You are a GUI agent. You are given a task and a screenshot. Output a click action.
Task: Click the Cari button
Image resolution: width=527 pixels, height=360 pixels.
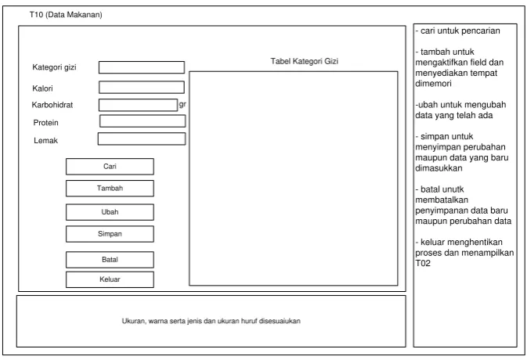110,167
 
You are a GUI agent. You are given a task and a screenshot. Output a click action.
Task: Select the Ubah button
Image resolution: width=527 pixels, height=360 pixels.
110,212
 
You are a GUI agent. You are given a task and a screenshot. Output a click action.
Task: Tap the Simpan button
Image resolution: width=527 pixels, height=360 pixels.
110,234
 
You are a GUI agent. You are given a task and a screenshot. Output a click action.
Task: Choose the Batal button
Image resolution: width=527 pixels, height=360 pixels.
110,260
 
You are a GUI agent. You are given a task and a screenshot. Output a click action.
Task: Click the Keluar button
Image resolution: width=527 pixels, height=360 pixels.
110,279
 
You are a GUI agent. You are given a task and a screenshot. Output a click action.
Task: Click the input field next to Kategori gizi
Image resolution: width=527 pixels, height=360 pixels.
142,67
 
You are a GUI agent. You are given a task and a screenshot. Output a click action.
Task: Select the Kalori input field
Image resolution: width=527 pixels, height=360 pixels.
142,88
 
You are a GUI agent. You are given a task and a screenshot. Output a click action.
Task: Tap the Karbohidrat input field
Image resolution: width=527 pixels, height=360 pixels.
138,105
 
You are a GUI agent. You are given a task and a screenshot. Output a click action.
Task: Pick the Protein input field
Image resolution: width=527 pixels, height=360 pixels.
143,121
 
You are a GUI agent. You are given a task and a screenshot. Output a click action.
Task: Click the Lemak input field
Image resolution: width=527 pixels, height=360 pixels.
142,139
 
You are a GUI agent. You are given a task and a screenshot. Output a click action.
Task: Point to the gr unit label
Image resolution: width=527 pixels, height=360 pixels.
182,104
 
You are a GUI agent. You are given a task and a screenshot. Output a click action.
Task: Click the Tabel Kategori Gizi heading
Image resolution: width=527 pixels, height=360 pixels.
304,61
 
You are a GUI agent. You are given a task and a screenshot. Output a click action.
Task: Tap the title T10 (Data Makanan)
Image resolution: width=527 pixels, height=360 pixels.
66,15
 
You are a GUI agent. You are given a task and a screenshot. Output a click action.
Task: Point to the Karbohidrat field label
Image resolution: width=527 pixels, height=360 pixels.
52,105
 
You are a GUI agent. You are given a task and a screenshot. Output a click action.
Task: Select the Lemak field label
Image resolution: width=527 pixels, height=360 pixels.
45,140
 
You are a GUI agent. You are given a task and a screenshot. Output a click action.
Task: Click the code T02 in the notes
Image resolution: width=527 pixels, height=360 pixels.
423,263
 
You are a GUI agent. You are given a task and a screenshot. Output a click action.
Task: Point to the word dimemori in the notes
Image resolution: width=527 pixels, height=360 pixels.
433,84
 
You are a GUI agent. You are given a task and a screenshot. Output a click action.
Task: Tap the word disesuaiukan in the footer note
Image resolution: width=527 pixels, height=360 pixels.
280,321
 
